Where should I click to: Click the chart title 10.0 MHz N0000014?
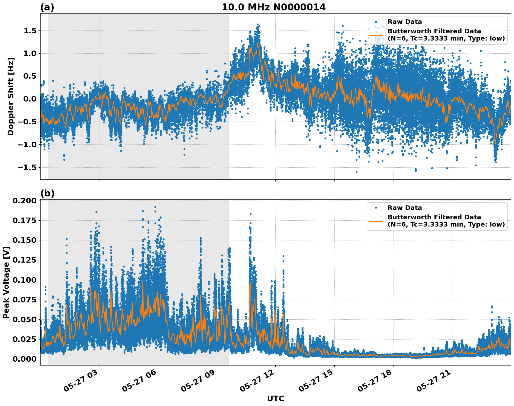[274, 7]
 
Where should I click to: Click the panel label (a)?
[47, 7]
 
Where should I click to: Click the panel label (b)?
[47, 193]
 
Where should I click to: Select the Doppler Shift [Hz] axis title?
[11, 96]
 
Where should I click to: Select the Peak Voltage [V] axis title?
[6, 282]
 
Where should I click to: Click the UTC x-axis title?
[275, 398]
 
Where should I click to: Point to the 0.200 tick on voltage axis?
[24, 201]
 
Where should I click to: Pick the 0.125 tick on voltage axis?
[24, 260]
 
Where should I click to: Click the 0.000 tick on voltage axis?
[24, 359]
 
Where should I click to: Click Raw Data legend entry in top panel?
[405, 22]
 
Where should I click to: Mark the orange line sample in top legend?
[376, 35]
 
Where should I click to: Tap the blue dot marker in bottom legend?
[376, 208]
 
